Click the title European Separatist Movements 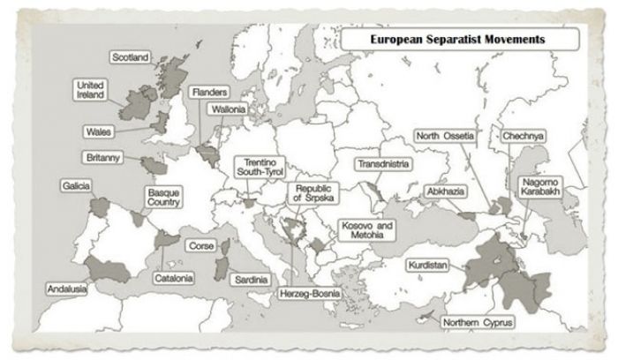pyautogui.click(x=456, y=40)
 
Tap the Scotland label pyautogui.click(x=131, y=57)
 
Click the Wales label pyautogui.click(x=97, y=131)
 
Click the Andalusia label pyautogui.click(x=68, y=289)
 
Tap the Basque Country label pyautogui.click(x=163, y=198)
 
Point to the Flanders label pyautogui.click(x=209, y=92)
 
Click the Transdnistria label pyautogui.click(x=386, y=164)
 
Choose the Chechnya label pyautogui.click(x=524, y=137)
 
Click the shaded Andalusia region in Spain pyautogui.click(x=111, y=269)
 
